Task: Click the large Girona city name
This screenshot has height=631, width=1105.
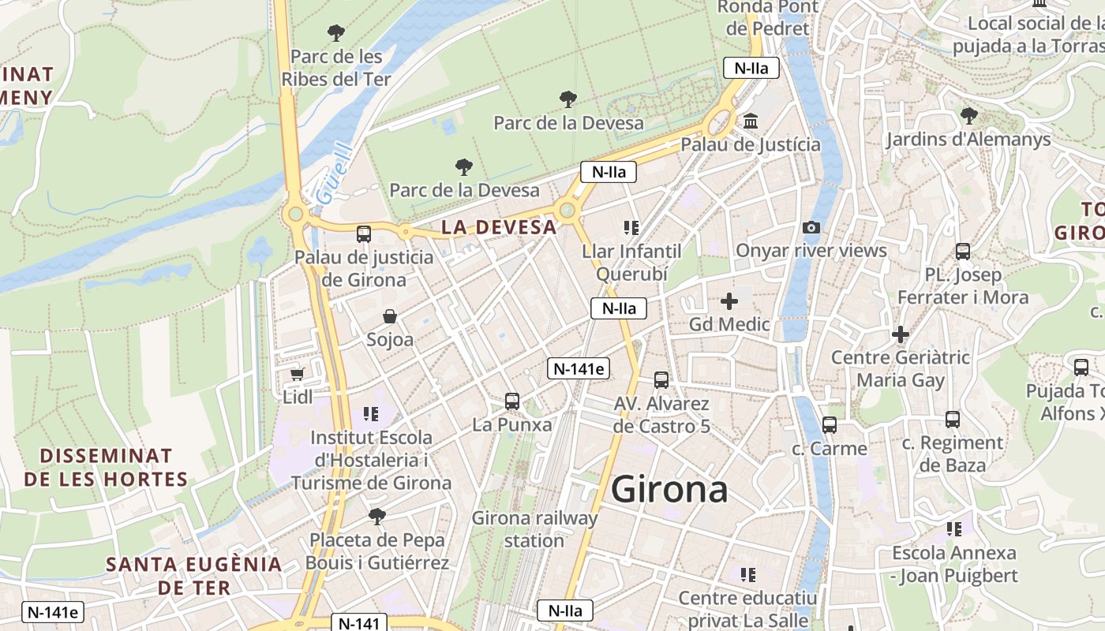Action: [669, 490]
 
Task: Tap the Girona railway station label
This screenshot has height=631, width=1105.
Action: [534, 529]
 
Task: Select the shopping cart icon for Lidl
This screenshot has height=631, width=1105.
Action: [298, 374]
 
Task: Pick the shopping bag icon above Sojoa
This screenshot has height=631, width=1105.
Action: [390, 317]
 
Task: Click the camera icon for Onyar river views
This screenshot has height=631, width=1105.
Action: [811, 228]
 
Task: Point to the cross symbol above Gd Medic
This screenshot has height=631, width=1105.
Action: [729, 301]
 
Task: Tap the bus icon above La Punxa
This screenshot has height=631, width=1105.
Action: [512, 401]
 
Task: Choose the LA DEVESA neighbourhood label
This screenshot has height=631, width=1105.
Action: [499, 227]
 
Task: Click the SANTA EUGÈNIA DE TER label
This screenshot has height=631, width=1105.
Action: [194, 576]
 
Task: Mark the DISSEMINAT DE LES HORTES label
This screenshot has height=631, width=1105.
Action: [106, 468]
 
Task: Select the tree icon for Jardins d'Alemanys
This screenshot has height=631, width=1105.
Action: [968, 117]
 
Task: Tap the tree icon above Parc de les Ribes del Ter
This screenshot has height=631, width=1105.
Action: [336, 33]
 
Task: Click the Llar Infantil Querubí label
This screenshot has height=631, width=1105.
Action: [631, 263]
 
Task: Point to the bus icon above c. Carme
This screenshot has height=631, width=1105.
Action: [830, 425]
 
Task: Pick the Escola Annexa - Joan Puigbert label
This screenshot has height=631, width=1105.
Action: [954, 564]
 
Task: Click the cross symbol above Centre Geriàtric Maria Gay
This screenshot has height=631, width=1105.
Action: [901, 334]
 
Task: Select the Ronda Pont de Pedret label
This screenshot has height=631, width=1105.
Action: [767, 17]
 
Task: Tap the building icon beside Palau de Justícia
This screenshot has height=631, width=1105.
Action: [751, 122]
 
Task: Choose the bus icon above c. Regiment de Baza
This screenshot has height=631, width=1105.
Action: [953, 420]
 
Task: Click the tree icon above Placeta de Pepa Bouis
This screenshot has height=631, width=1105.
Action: [377, 517]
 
